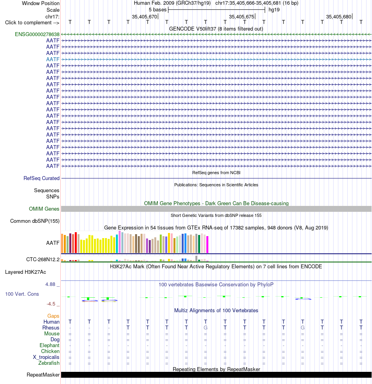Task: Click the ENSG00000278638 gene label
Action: [x=37, y=34]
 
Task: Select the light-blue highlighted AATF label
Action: [x=53, y=59]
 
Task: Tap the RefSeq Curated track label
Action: [x=42, y=178]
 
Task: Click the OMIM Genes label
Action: [x=44, y=209]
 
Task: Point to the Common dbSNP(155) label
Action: [x=35, y=221]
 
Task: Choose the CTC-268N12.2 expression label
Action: [x=43, y=259]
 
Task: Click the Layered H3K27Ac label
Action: [x=25, y=272]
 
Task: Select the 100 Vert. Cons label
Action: [x=22, y=294]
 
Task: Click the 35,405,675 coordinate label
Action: [x=242, y=16]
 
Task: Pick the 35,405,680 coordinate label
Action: [x=338, y=16]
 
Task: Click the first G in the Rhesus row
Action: [x=206, y=328]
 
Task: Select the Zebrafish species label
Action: [x=49, y=363]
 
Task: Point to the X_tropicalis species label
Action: [x=46, y=357]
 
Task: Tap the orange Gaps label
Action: [x=53, y=316]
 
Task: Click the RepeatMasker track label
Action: [x=43, y=375]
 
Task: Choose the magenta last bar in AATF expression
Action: [x=208, y=244]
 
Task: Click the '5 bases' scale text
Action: [x=157, y=10]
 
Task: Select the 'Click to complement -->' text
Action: [x=32, y=23]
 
